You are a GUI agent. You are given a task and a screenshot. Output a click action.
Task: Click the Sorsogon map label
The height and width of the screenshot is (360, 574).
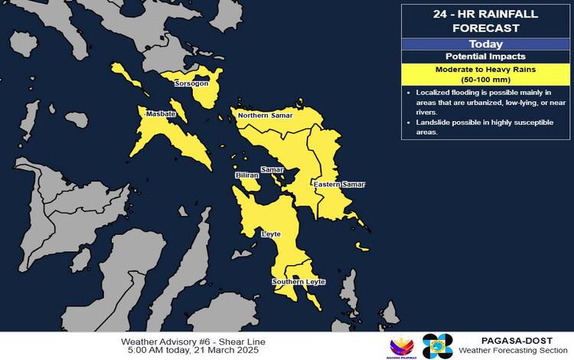coord(191,83)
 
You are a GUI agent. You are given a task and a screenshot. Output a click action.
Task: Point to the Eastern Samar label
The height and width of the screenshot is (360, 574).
coord(339,185)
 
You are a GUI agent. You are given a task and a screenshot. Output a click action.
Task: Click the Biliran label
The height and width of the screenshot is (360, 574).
coord(246,175)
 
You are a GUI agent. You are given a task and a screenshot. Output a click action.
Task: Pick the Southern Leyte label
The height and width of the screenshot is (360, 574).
coord(298,283)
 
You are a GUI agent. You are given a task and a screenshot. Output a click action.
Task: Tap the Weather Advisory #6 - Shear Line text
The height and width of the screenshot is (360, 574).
coord(193,341)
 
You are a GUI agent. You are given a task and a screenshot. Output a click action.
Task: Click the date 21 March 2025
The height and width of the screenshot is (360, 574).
coord(228,350)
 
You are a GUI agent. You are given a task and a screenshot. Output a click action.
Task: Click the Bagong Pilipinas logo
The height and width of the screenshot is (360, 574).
coord(403,347)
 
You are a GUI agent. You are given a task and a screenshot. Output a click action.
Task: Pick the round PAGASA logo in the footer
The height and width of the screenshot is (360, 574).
coord(438,346)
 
